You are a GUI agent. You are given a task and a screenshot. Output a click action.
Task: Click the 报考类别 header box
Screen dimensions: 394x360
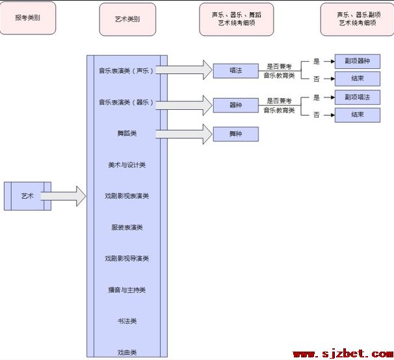point(28,18)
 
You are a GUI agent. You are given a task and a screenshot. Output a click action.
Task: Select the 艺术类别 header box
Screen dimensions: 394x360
point(127,19)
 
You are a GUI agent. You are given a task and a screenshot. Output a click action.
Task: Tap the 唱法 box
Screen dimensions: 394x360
point(236,71)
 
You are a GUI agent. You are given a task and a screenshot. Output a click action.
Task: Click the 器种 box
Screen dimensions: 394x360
point(236,105)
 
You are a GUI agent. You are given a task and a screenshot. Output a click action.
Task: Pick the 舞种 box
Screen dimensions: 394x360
point(236,134)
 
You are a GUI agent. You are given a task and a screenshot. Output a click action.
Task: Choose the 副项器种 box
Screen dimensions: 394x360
point(358,61)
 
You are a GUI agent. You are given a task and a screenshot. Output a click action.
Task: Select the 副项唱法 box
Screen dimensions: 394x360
point(358,97)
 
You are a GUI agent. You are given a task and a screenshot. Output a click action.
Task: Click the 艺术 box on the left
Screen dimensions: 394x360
point(28,196)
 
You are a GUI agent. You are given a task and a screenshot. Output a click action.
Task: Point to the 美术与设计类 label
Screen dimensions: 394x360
point(127,165)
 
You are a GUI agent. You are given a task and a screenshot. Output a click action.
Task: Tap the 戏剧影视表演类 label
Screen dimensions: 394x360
point(127,196)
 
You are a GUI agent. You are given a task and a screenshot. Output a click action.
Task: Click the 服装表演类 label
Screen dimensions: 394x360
point(127,227)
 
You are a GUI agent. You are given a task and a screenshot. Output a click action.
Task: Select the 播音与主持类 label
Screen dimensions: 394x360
point(127,290)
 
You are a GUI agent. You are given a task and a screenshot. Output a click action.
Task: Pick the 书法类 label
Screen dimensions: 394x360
point(127,321)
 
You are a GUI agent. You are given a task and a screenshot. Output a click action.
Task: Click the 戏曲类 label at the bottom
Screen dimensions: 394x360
point(127,352)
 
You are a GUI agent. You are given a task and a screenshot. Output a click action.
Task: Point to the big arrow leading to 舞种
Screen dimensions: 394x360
point(184,134)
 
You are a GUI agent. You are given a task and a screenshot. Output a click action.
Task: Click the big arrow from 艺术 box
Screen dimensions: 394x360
point(63,196)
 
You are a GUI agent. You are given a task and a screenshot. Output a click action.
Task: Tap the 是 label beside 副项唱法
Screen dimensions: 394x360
point(317,97)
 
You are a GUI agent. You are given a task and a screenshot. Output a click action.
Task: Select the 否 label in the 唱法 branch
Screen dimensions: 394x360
point(317,79)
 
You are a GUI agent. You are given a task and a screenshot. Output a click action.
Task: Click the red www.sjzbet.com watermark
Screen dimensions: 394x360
point(343,354)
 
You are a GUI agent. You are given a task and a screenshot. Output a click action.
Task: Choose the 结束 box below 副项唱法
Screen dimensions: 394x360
point(358,115)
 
